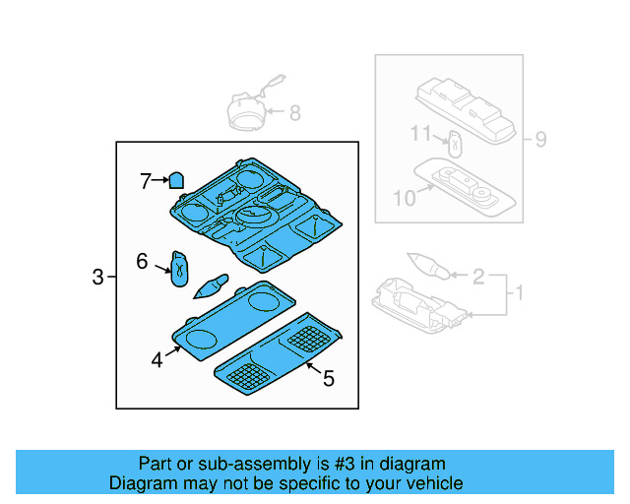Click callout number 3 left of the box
click(97, 279)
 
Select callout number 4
click(157, 360)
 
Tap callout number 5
click(329, 377)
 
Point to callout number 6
click(142, 261)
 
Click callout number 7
click(145, 180)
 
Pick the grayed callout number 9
click(539, 139)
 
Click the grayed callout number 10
click(405, 198)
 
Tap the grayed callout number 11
click(421, 133)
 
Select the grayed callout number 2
click(478, 278)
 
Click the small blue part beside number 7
click(176, 180)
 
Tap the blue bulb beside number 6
click(180, 267)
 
